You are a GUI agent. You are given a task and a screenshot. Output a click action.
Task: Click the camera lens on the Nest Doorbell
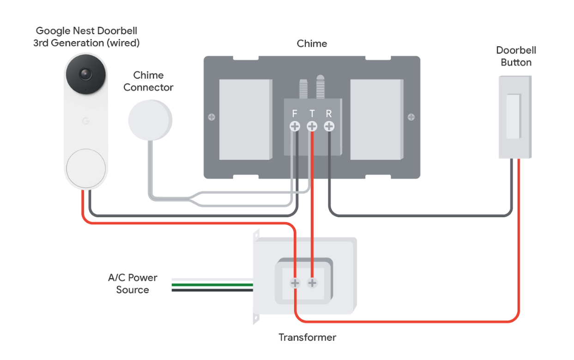pyautogui.click(x=85, y=74)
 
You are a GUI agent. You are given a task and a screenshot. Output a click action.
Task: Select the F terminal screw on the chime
pyautogui.click(x=295, y=126)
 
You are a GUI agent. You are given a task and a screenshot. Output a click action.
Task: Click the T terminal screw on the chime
pyautogui.click(x=312, y=126)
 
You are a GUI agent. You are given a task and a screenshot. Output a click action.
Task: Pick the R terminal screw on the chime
pyautogui.click(x=329, y=126)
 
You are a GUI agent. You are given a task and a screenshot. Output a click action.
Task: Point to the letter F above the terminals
pyautogui.click(x=295, y=114)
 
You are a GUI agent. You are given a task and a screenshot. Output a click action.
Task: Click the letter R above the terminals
pyautogui.click(x=329, y=114)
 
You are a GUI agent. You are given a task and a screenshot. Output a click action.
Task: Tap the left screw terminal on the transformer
pyautogui.click(x=295, y=283)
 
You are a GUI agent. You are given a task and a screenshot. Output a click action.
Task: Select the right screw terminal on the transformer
pyautogui.click(x=312, y=283)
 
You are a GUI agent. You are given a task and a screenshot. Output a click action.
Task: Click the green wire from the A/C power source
pyautogui.click(x=212, y=285)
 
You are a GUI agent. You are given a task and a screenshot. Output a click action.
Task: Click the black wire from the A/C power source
pyautogui.click(x=212, y=290)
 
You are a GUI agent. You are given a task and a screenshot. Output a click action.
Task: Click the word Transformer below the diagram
pyautogui.click(x=307, y=337)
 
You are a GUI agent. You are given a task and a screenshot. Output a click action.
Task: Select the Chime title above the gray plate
pyautogui.click(x=312, y=44)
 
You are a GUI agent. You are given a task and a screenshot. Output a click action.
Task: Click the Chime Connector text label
pyautogui.click(x=148, y=81)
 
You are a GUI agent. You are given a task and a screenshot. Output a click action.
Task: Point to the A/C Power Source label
pyautogui.click(x=133, y=284)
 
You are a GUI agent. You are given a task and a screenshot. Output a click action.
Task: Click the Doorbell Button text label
pyautogui.click(x=516, y=56)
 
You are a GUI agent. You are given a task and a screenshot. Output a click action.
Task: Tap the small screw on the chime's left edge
pyautogui.click(x=211, y=117)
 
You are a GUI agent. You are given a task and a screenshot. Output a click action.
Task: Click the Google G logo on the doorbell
pyautogui.click(x=85, y=121)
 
